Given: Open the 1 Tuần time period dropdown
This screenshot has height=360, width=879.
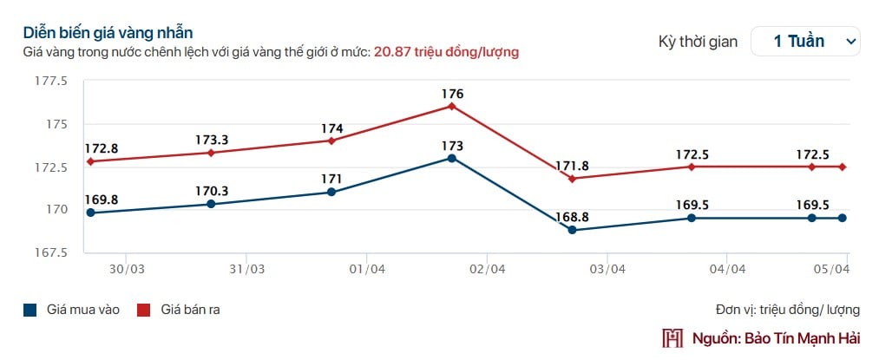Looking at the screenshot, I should click(805, 41).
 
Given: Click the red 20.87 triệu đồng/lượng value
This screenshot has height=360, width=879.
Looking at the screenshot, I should click(446, 52).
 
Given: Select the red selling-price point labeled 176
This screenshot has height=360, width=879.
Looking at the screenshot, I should click(452, 106).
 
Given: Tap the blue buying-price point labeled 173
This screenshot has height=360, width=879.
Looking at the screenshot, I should click(452, 158).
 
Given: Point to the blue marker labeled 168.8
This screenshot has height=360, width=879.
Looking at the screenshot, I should click(572, 230).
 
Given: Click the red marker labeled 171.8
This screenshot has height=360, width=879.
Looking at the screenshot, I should click(572, 179).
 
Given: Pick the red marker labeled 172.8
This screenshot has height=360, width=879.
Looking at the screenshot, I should click(90, 161).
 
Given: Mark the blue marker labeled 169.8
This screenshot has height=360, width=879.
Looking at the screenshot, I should click(90, 213).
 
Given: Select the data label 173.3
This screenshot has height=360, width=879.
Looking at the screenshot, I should click(211, 139).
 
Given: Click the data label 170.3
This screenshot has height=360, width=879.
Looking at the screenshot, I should click(211, 191).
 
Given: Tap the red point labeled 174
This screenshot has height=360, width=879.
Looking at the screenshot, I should click(331, 141).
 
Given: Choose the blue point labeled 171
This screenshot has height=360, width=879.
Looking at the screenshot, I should click(331, 192).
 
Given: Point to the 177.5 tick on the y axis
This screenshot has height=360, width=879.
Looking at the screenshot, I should click(50, 82).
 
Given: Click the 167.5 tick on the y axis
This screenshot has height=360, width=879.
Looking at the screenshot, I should click(50, 252).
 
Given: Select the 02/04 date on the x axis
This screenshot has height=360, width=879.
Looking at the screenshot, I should click(487, 269).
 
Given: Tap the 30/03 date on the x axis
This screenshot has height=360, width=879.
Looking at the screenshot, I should click(126, 269).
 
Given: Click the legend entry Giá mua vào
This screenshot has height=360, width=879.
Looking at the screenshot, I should click(71, 310).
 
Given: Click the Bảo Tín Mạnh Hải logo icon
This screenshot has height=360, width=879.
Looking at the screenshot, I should click(672, 337).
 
